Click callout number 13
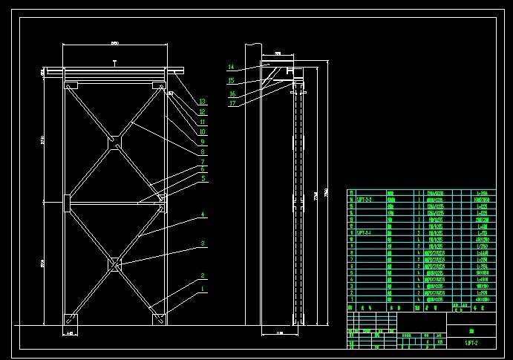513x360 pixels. pos(202,102)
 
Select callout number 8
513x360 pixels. pos(202,152)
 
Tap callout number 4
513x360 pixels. pos(202,215)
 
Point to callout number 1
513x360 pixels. pos(202,289)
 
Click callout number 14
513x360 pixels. pos(231,68)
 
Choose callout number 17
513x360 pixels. pos(232,104)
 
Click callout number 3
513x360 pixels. pos(202,243)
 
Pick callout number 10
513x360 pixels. pos(202,131)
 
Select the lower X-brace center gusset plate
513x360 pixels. pos(114,263)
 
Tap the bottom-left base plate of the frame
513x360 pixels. pos(70,320)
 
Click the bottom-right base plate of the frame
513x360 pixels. pos(160,320)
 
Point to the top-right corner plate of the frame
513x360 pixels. pos(160,86)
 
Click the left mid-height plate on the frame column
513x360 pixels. pos(66,200)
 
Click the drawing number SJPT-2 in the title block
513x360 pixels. pos(471,343)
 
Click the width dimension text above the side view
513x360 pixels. pos(278,54)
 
